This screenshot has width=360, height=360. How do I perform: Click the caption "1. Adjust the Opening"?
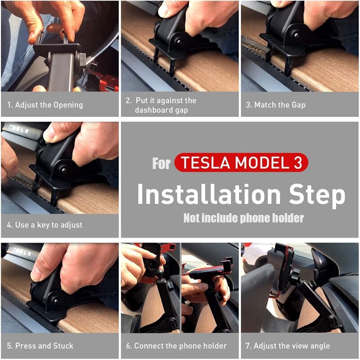[45, 105]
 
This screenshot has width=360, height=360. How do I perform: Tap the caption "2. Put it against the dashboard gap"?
[161, 105]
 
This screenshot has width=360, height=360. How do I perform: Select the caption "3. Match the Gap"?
[275, 105]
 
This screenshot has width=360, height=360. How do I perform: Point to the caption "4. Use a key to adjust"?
[45, 225]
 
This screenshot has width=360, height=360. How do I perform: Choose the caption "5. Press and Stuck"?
[40, 346]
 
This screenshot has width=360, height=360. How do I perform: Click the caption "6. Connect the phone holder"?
[176, 346]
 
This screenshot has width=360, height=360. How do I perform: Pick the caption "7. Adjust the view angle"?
[288, 346]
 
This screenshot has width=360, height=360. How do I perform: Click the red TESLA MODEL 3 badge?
[241, 163]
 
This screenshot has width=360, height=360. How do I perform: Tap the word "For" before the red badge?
[161, 163]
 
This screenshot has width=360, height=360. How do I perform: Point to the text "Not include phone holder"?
[243, 218]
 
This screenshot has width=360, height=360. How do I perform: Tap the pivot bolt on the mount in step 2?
[179, 41]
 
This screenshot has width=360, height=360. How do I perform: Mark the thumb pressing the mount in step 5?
[45, 270]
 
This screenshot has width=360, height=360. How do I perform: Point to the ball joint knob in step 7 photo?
[295, 275]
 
